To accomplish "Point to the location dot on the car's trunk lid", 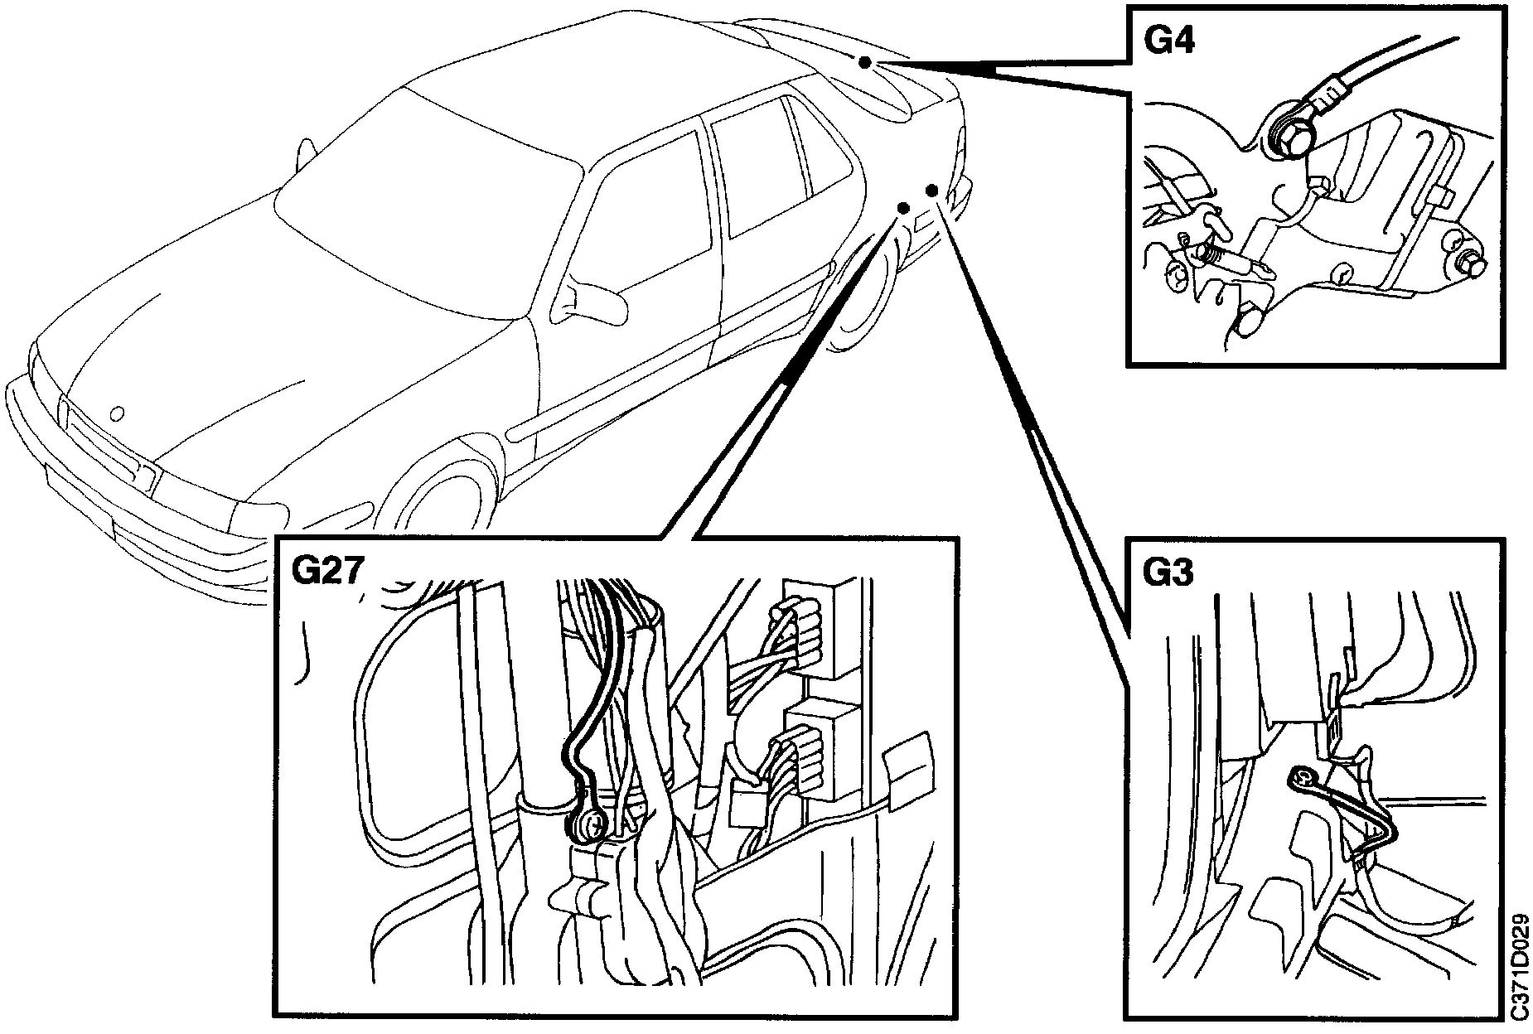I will (x=865, y=63).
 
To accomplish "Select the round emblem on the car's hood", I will (x=117, y=412).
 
